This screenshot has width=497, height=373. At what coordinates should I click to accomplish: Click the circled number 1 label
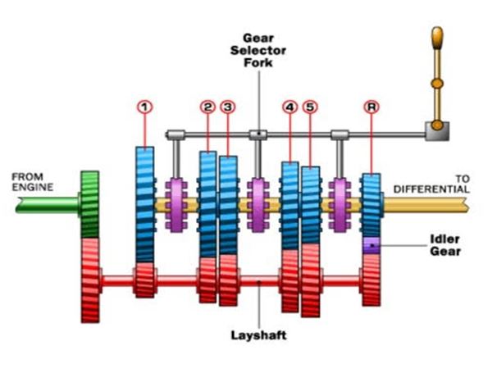pyautogui.click(x=144, y=106)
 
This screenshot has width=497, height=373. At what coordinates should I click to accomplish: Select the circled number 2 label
pyautogui.click(x=207, y=106)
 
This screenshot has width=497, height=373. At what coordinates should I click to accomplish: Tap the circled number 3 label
pyautogui.click(x=227, y=106)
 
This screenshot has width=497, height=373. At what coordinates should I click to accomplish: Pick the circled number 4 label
pyautogui.click(x=290, y=106)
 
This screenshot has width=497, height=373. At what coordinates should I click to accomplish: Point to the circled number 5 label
pyautogui.click(x=309, y=106)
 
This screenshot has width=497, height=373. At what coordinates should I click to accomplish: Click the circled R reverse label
pyautogui.click(x=372, y=106)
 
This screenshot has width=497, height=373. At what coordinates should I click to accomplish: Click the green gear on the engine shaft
pyautogui.click(x=90, y=204)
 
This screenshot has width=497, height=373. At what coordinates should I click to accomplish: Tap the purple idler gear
pyautogui.click(x=372, y=244)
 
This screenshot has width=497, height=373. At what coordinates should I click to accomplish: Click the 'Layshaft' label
pyautogui.click(x=258, y=334)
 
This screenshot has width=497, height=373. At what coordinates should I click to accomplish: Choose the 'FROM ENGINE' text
pyautogui.click(x=33, y=181)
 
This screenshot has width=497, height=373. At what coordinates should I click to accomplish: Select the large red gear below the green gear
pyautogui.click(x=90, y=279)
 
